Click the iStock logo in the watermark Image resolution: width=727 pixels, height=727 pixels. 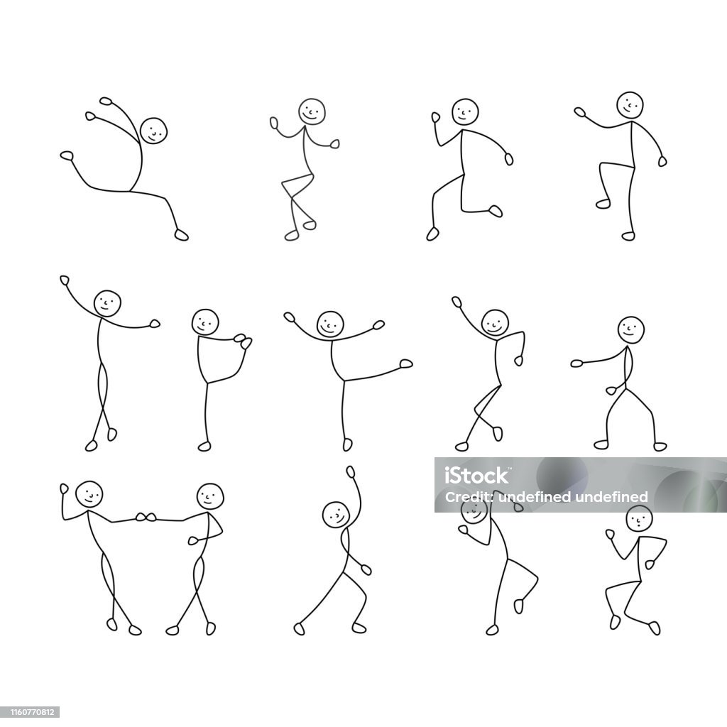476,475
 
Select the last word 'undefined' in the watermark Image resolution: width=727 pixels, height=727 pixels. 611,497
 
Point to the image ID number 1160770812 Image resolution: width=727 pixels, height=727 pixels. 30,711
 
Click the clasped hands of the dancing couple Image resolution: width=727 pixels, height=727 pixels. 146,517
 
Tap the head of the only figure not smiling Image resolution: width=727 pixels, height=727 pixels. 639,518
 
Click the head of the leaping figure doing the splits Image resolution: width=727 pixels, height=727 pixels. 153,131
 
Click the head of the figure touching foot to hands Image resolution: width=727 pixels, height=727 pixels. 205,322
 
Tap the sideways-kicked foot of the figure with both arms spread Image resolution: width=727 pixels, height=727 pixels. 406,363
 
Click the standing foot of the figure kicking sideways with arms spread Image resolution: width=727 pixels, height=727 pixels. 347,444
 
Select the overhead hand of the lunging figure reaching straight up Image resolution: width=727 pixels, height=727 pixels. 351,472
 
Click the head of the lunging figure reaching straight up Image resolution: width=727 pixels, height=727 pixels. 336,515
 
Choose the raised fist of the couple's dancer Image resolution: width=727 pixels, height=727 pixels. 64,488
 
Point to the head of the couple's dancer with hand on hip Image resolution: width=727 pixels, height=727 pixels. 210,496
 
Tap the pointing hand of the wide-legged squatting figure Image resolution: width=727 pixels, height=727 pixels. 576,363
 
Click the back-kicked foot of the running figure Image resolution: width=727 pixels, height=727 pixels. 496,211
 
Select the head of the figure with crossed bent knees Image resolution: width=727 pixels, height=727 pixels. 312,111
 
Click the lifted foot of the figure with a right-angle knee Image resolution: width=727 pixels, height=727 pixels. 603,204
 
